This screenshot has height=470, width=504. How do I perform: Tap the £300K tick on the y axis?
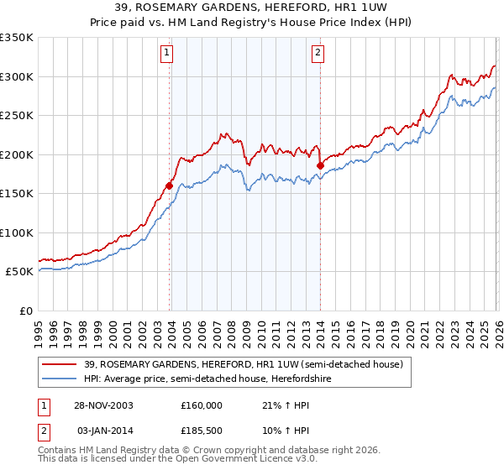click(17, 76)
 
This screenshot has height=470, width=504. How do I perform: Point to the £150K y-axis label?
click(17, 194)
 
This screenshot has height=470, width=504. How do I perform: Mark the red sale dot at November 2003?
click(170, 185)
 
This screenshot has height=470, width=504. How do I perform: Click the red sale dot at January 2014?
click(320, 165)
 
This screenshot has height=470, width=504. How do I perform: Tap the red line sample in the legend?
click(60, 364)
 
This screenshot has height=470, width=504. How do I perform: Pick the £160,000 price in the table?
click(202, 405)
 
